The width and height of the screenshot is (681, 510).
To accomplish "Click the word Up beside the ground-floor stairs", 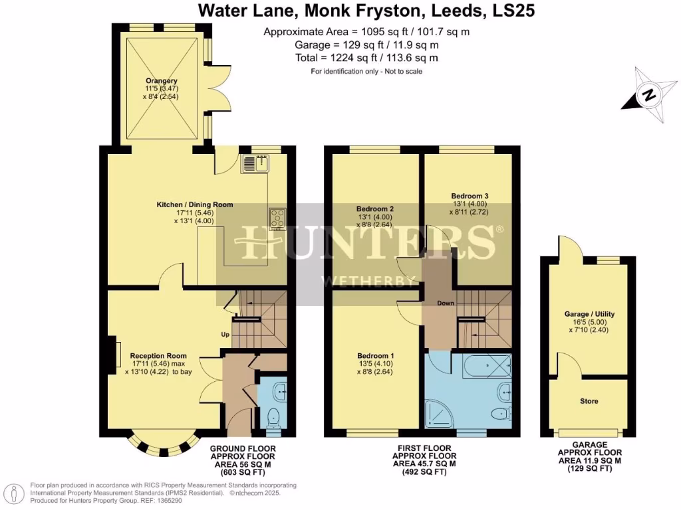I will point(225,335).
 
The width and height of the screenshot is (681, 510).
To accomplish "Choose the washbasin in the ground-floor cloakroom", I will point(281,392).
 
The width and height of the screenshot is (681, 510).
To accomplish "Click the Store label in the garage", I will point(589,401).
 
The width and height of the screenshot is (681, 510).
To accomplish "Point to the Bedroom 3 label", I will point(470,196).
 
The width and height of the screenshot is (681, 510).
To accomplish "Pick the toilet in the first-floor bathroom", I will point(498,414).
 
